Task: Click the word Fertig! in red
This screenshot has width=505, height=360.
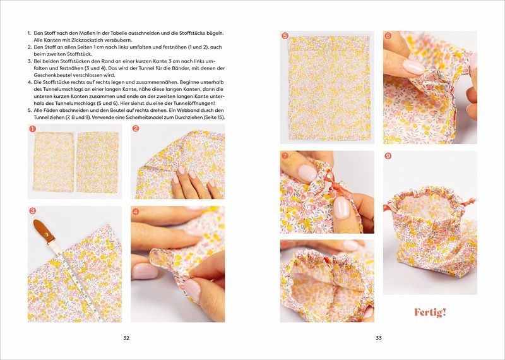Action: (430, 312)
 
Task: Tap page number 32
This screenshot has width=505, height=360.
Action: (126, 338)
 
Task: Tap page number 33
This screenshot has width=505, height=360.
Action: (378, 338)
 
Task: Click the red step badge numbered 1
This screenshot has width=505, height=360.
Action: (32, 129)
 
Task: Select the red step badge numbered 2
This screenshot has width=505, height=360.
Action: (136, 129)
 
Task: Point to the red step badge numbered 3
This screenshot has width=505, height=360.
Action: (33, 211)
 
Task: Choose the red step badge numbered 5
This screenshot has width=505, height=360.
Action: (285, 36)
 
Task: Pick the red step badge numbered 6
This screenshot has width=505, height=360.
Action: (388, 36)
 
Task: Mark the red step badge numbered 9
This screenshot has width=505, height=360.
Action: (388, 156)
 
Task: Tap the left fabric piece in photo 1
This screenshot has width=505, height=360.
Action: (54, 162)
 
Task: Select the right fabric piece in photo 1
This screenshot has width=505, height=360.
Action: (98, 162)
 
